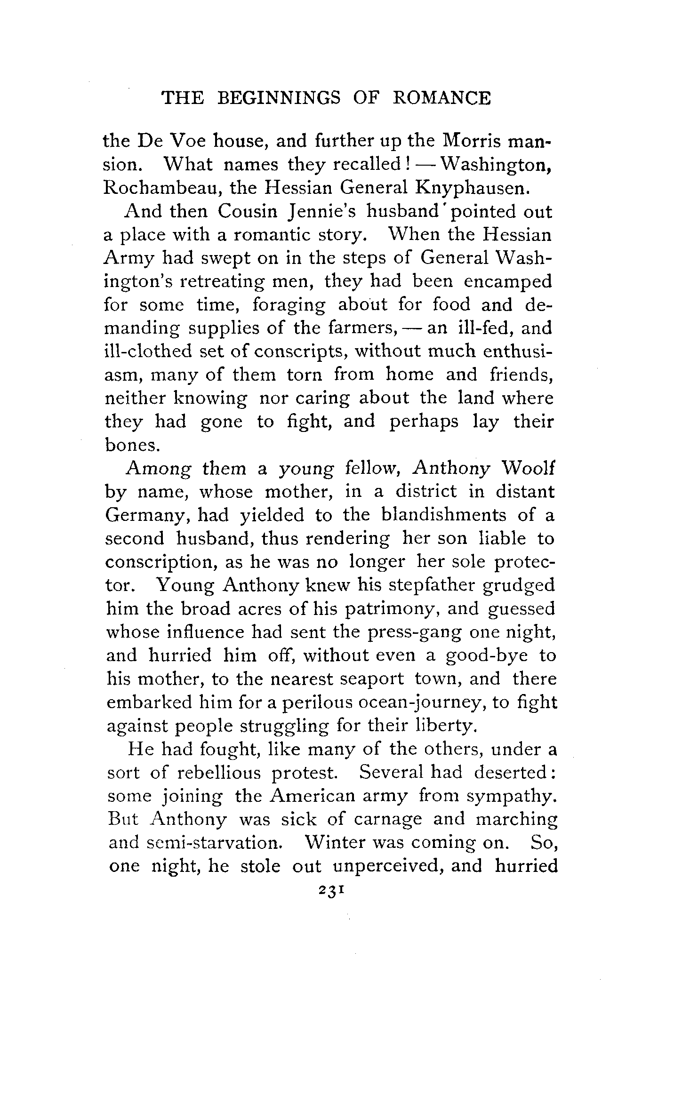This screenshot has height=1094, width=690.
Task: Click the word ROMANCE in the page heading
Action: (x=441, y=98)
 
